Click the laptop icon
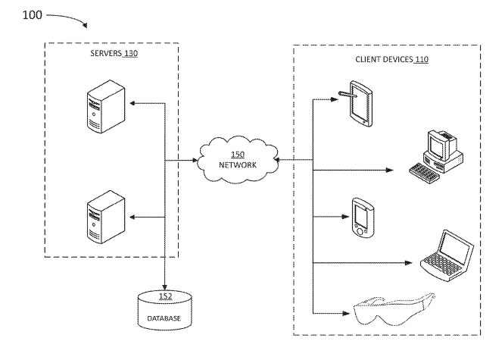click(x=447, y=254)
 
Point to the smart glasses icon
click(x=394, y=307)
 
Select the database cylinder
click(x=164, y=311)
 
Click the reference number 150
click(x=237, y=155)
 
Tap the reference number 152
click(x=164, y=296)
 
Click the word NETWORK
click(x=238, y=166)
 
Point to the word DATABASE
click(x=164, y=318)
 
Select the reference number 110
click(x=421, y=58)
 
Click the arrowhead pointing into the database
click(x=164, y=283)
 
